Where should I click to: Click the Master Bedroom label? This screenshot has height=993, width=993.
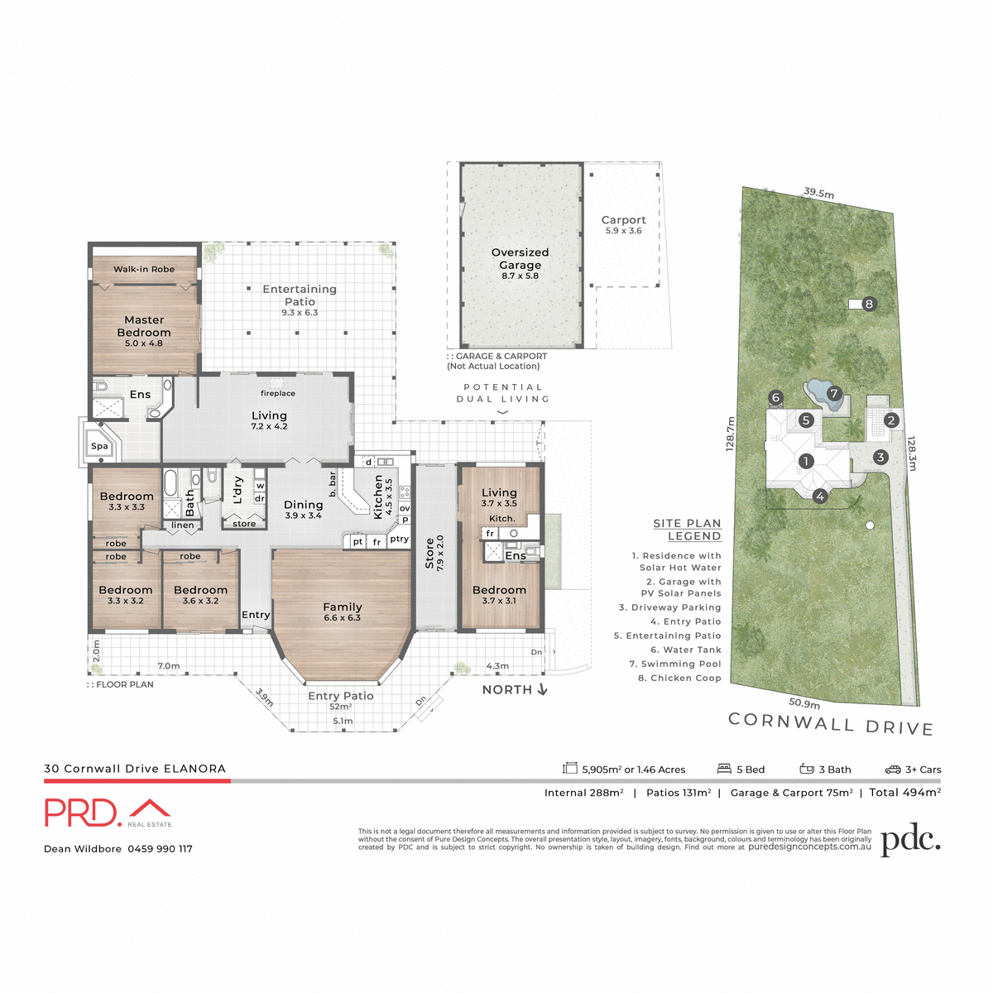pos(144,326)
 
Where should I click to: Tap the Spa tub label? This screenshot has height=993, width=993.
pos(99,446)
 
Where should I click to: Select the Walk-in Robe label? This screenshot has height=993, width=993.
pos(144,269)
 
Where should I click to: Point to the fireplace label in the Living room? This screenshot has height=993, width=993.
pos(278,394)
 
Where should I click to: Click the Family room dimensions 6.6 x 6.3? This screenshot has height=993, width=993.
pos(343,618)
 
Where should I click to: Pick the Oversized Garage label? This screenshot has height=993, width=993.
pos(520,258)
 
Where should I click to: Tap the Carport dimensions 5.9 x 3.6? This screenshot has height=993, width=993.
pos(623,231)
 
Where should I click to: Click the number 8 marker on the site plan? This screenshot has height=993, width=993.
pos(869,304)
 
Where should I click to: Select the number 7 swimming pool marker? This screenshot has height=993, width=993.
pos(833,393)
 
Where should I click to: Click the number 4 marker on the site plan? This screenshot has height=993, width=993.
pos(819,496)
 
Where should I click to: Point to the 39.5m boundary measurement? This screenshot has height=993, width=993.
pos(818,193)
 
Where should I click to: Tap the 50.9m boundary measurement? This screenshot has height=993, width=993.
pos(804,703)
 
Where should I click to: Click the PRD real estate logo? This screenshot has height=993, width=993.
pos(108,813)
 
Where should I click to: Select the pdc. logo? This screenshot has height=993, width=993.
pos(910,841)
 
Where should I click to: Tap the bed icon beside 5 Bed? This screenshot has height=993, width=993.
pos(724,769)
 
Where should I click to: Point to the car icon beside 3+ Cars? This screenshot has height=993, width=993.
pos(892,770)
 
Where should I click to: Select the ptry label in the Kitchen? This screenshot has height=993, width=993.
pos(399,539)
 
